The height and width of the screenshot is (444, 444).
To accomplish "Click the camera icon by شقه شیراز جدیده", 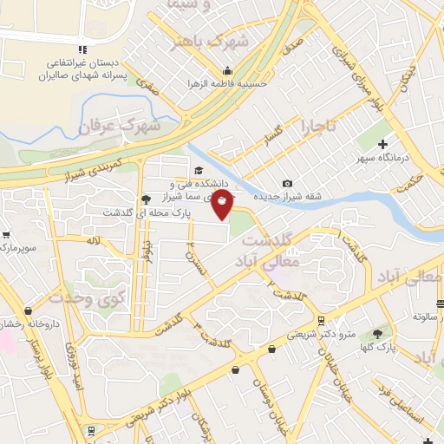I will (x=288, y=183).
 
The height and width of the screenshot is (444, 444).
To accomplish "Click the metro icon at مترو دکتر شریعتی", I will (x=321, y=320).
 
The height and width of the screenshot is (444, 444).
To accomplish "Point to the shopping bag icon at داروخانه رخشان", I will (x=29, y=310).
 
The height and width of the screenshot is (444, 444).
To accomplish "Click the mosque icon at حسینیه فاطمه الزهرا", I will (x=227, y=71).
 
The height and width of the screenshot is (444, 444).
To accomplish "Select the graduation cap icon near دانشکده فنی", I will (x=198, y=171).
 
